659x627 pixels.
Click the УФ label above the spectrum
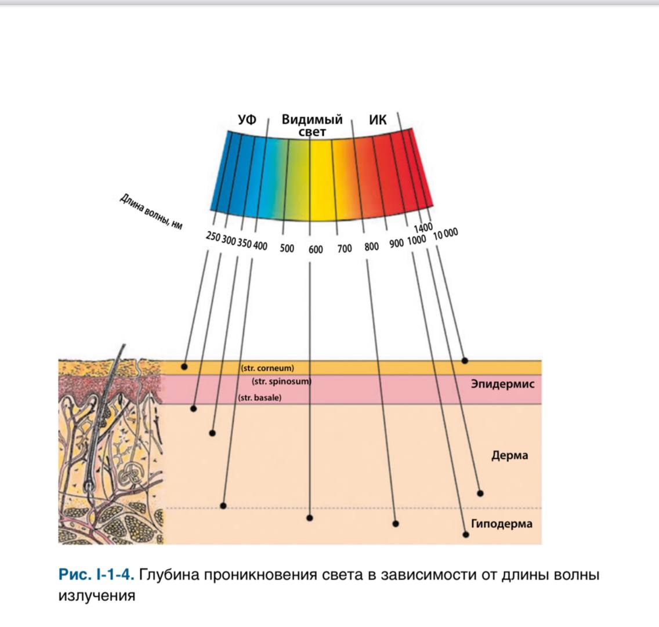[247, 119]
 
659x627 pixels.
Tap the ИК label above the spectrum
[378, 119]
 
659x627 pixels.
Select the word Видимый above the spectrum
[312, 119]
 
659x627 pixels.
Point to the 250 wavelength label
[213, 237]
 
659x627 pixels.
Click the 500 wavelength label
[287, 248]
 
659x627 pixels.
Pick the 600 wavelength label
[316, 249]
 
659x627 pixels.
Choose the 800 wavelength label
[371, 247]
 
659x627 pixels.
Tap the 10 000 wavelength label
[446, 234]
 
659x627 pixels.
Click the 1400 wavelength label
[423, 228]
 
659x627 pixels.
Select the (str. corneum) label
[267, 368]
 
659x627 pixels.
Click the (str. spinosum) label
[281, 382]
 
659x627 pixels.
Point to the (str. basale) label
[260, 397]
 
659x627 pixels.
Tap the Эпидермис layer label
[502, 384]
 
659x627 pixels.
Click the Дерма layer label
[509, 455]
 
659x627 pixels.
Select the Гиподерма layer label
[501, 524]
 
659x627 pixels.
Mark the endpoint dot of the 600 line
[310, 518]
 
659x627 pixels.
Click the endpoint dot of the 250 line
[184, 367]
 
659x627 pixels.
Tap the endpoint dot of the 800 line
[396, 524]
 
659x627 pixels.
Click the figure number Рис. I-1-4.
[96, 574]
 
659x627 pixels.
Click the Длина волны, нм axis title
[151, 211]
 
